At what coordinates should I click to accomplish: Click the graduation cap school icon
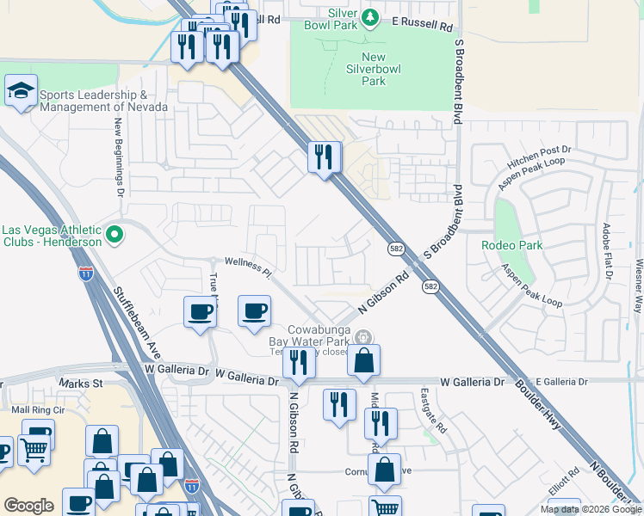[21, 91]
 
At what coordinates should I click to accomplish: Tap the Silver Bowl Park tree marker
[369, 17]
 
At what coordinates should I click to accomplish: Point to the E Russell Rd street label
[422, 27]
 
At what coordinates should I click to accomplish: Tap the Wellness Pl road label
[248, 267]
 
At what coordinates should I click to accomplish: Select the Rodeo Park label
[511, 245]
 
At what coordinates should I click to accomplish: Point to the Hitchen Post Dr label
[539, 150]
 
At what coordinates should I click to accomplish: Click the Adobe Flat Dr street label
[606, 252]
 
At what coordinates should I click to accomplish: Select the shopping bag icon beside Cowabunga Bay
[364, 361]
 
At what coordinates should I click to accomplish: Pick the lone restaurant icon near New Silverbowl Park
[325, 157]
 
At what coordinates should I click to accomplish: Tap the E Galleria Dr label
[561, 381]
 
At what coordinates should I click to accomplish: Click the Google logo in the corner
[28, 506]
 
